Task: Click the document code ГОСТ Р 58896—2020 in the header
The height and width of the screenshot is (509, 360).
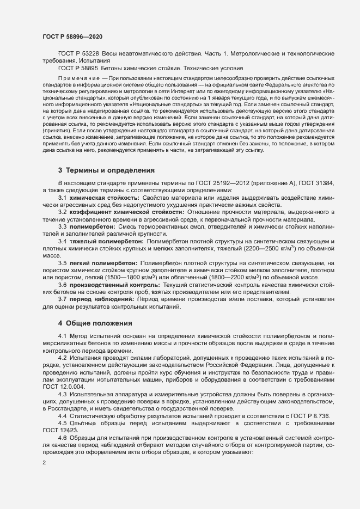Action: [x=72, y=36]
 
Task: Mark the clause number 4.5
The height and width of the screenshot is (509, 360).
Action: [x=63, y=423]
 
